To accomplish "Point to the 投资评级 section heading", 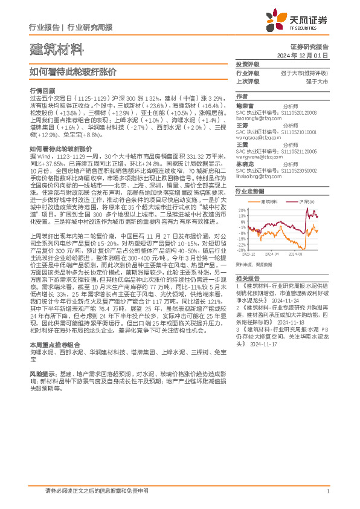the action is [248, 64].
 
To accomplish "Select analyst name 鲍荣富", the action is [245, 104].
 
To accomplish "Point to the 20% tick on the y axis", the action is [242, 209].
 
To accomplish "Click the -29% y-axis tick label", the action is [241, 249].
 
